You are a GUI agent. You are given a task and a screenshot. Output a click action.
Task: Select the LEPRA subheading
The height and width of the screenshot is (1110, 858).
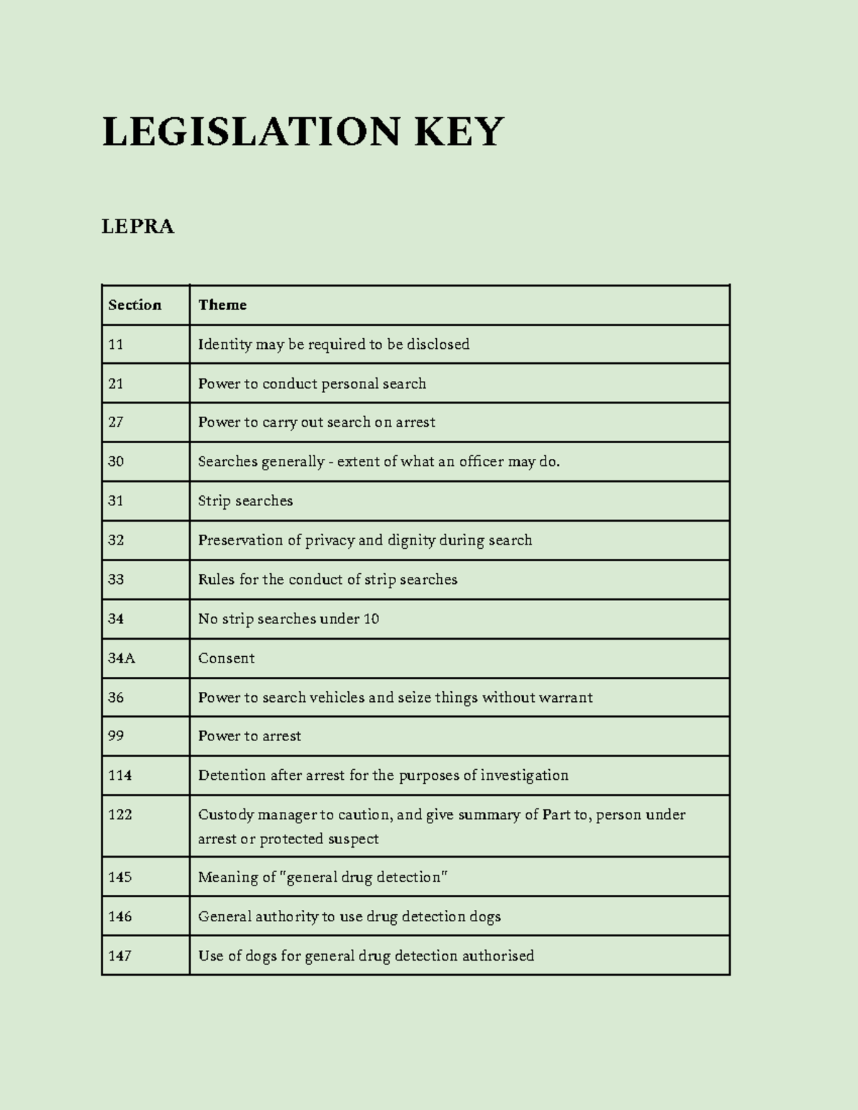[138, 227]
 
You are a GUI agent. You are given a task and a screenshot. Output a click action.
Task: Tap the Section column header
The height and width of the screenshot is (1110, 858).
[134, 305]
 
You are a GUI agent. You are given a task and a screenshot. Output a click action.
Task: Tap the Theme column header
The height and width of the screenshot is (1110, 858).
[222, 305]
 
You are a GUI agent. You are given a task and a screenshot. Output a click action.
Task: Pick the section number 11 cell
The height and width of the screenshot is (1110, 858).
[116, 345]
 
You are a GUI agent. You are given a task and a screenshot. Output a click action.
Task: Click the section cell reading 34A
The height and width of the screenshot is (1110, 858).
[122, 658]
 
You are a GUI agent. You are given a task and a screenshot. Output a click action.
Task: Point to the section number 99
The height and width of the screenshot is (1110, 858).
[116, 736]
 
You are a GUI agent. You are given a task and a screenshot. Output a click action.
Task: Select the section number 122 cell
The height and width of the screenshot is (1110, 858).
[120, 815]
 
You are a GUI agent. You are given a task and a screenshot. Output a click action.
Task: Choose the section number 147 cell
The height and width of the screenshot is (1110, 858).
[120, 956]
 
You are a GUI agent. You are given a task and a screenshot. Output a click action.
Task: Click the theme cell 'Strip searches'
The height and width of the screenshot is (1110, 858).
[245, 501]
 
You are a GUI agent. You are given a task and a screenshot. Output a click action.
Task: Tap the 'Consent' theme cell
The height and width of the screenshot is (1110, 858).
[226, 658]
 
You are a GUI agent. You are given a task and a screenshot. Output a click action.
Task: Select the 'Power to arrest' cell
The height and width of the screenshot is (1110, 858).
[250, 736]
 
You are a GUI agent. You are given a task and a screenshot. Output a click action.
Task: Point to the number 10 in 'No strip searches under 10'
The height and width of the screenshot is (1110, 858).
[371, 619]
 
